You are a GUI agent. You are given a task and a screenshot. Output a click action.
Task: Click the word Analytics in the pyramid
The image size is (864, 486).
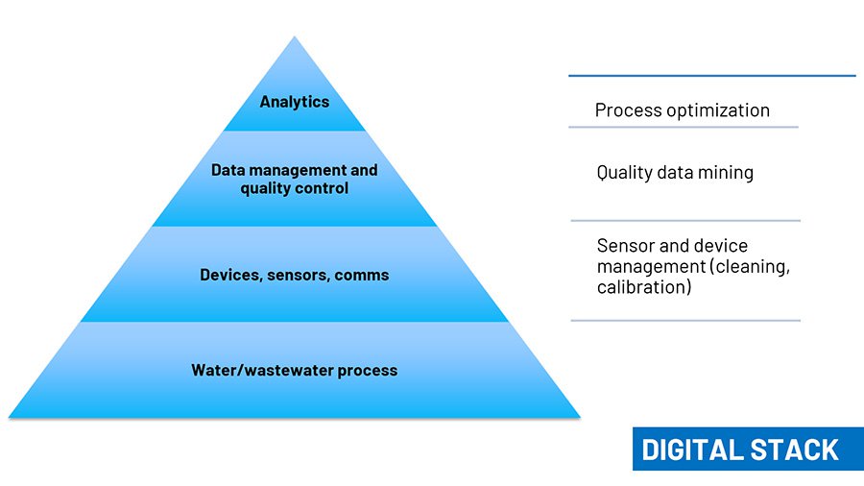(x=295, y=102)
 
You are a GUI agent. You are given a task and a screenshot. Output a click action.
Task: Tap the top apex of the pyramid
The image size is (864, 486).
(x=295, y=36)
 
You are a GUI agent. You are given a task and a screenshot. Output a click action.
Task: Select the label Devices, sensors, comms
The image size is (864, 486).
(x=295, y=275)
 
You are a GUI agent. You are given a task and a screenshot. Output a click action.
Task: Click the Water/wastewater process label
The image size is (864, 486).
(x=295, y=371)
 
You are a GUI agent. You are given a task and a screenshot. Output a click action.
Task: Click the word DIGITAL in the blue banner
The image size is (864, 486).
(x=692, y=450)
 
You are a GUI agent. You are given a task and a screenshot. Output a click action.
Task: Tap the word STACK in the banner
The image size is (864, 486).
(x=794, y=450)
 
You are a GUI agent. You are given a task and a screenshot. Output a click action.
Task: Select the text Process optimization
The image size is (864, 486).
(x=683, y=110)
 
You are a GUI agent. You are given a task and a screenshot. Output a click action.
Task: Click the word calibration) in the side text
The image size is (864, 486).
(x=644, y=287)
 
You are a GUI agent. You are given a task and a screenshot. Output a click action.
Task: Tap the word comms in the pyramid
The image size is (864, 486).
(x=362, y=275)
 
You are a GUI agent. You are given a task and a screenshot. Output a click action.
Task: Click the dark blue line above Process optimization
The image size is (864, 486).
(x=712, y=76)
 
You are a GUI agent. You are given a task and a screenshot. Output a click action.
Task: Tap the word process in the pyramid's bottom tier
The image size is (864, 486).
(x=368, y=371)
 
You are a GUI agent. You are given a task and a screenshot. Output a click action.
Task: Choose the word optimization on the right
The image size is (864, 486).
(x=718, y=110)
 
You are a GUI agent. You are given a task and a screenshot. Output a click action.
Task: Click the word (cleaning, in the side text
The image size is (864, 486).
(x=750, y=267)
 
